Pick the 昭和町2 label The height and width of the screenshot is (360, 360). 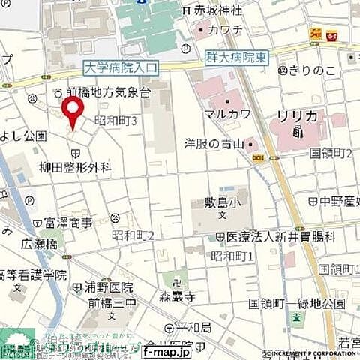[133, 235]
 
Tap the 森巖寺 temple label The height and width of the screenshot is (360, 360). [177, 297]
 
